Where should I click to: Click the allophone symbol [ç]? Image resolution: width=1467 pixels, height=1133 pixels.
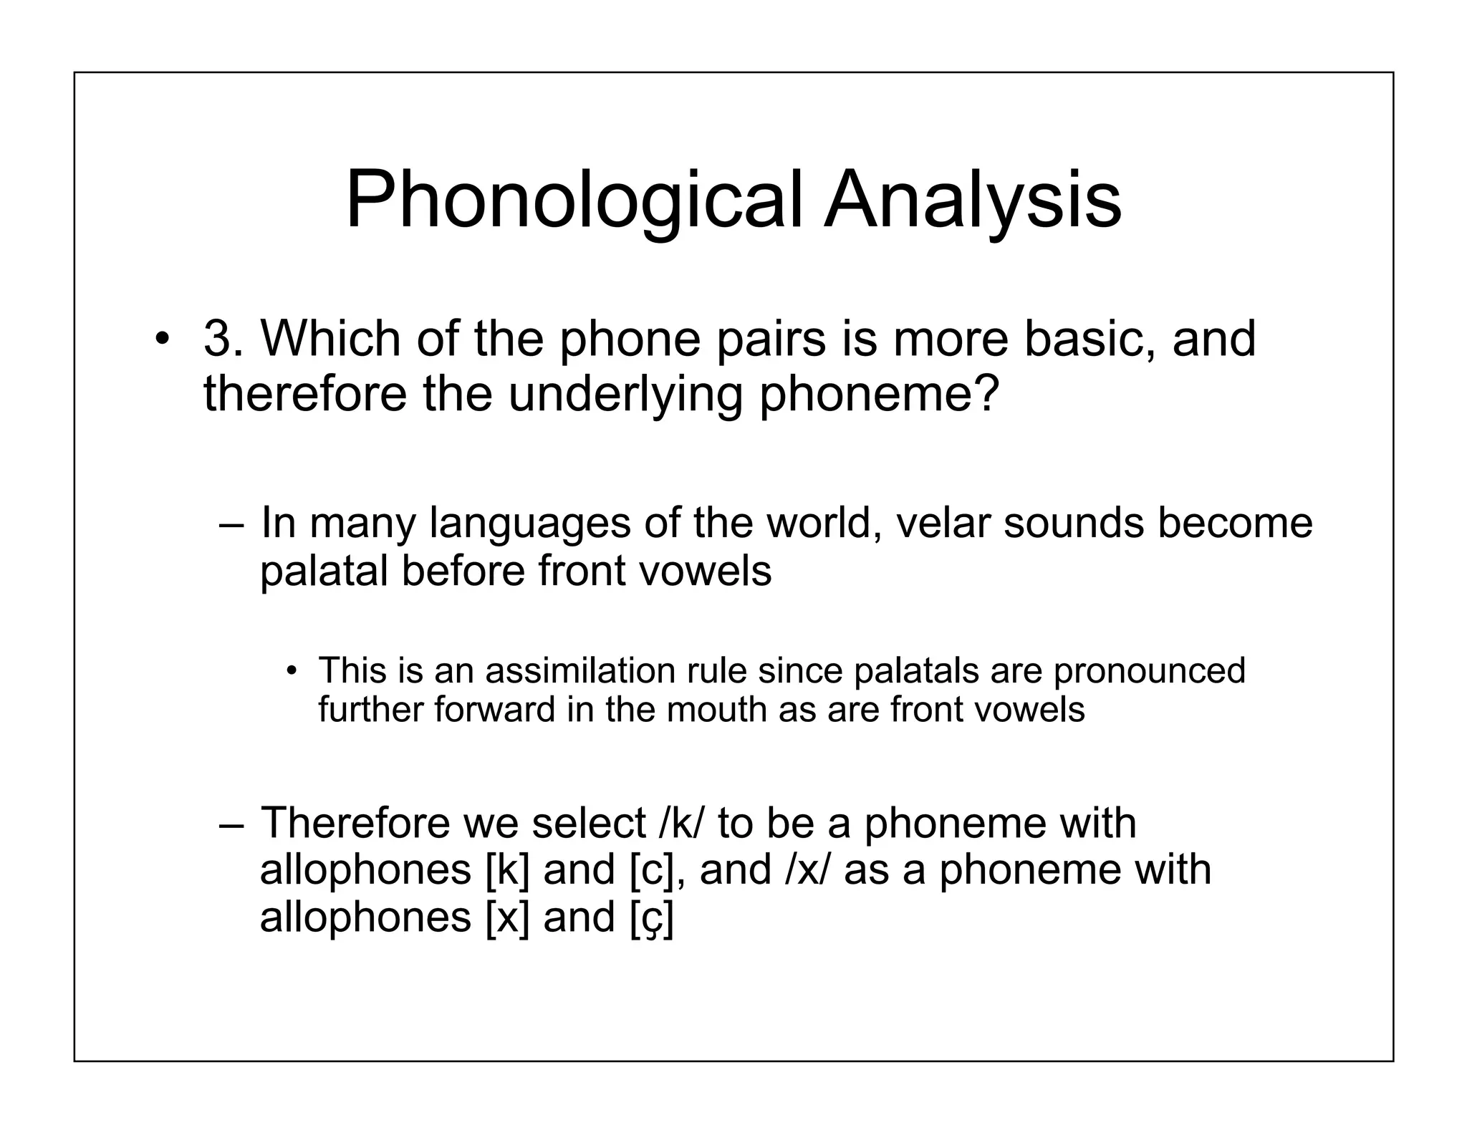tap(651, 918)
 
